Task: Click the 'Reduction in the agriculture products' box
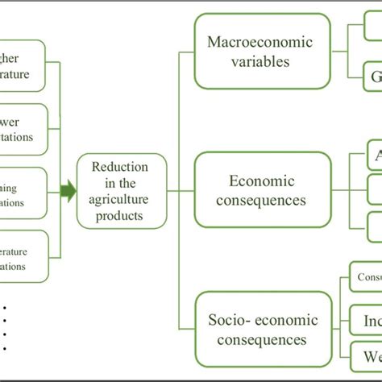(121, 192)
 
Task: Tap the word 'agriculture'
(121, 201)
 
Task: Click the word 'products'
(121, 217)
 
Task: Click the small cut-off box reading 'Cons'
(365, 276)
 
